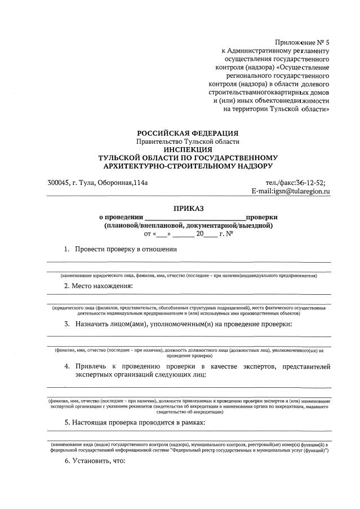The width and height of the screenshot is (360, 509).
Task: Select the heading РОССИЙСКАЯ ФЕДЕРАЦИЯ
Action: [188, 132]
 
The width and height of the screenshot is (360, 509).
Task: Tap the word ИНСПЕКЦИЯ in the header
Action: [188, 149]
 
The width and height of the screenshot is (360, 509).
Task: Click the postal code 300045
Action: [58, 182]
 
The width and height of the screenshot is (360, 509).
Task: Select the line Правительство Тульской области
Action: [188, 141]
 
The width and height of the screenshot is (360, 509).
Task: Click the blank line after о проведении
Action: [195, 218]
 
